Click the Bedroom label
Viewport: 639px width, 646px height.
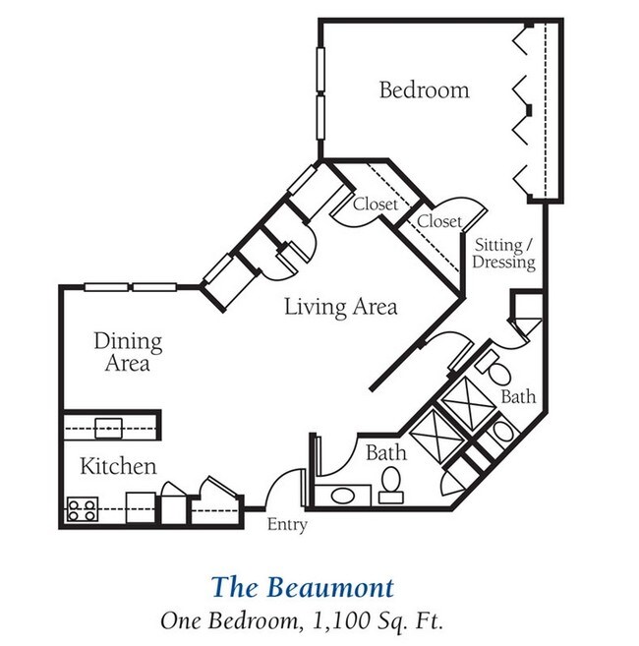[x=424, y=90]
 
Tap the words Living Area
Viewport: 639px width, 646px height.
[x=340, y=307]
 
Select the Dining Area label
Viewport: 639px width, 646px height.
[x=128, y=352]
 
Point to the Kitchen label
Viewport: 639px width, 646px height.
[x=118, y=465]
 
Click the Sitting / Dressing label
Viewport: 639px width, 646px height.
[x=503, y=254]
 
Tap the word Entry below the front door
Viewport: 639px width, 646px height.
[x=287, y=525]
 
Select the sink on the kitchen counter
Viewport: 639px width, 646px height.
[x=108, y=427]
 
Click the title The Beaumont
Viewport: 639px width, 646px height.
[x=302, y=588]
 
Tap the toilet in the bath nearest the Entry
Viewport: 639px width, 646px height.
[x=391, y=483]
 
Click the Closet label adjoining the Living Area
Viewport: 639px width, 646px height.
[x=376, y=205]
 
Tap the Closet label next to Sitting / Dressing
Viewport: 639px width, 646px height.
[x=438, y=222]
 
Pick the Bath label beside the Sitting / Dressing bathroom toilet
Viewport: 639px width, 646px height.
[x=518, y=397]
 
